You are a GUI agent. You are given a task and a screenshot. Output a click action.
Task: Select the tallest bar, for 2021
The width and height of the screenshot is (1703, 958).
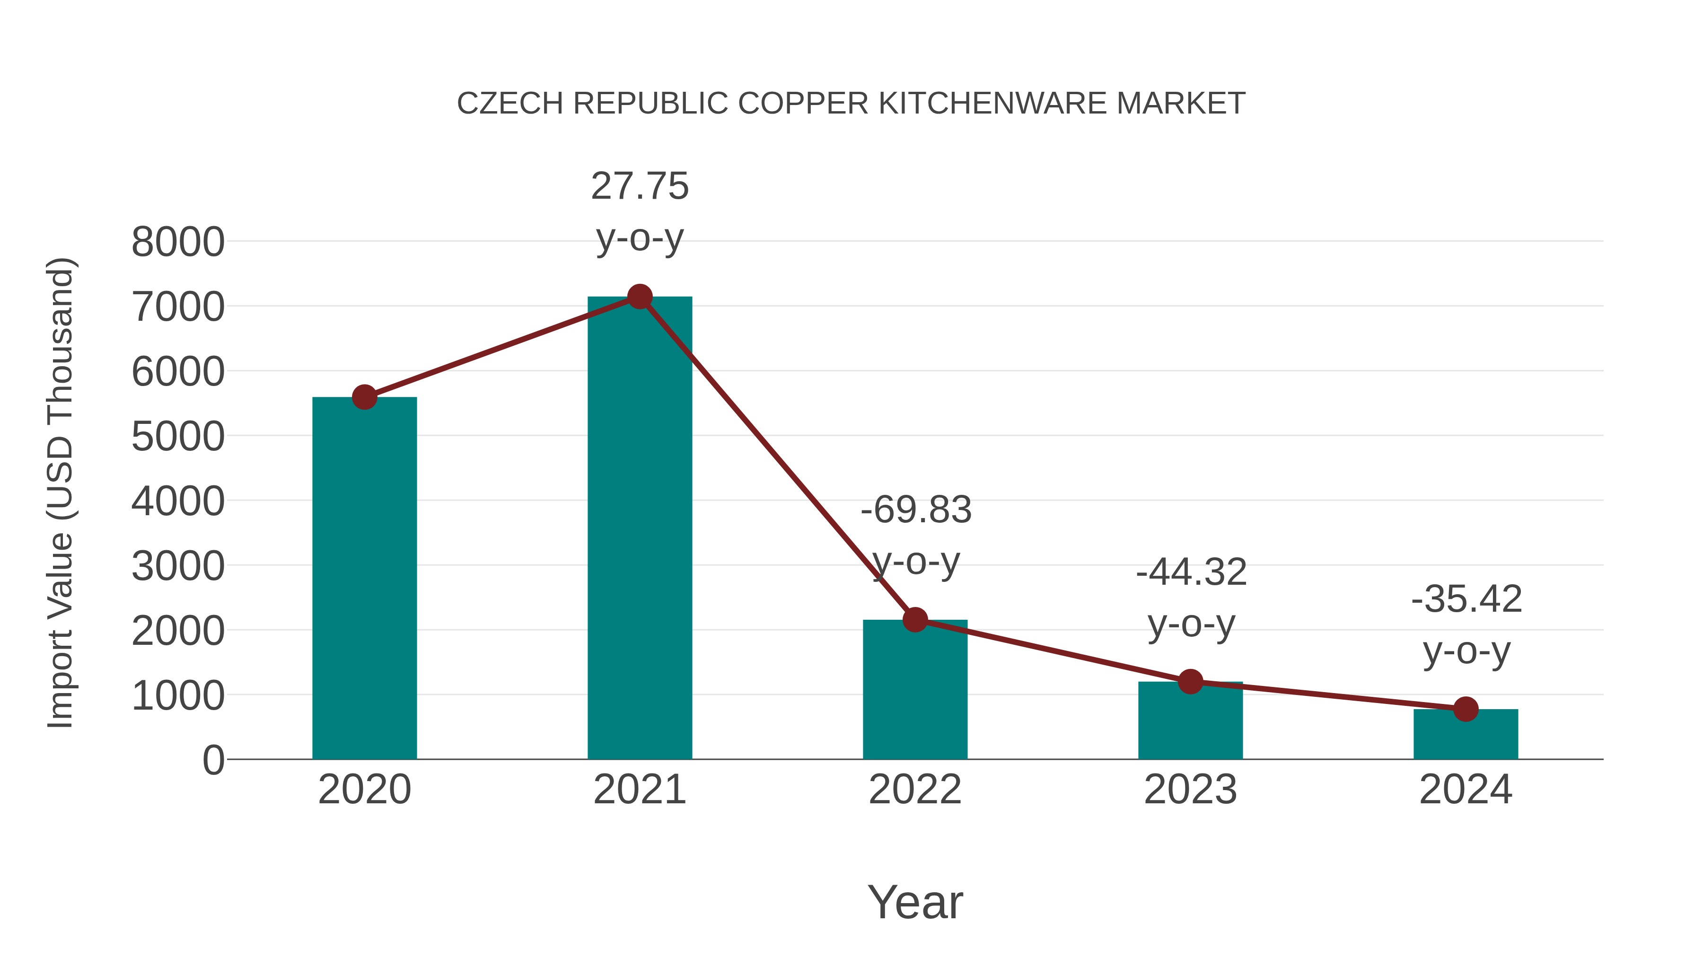coord(639,529)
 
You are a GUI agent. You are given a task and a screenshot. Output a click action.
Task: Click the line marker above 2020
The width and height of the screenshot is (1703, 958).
coord(364,397)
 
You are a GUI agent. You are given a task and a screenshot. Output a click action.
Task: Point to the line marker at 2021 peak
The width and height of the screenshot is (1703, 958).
coord(639,297)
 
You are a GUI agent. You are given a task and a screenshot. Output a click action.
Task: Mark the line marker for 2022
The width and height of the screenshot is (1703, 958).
coord(914,619)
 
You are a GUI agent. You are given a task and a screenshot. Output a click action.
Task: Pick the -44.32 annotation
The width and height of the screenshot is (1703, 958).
coord(1191,572)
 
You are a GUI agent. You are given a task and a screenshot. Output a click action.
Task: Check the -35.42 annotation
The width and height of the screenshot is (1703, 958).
coord(1466,600)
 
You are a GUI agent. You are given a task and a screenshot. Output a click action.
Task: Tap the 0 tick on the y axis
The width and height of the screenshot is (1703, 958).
coord(213,760)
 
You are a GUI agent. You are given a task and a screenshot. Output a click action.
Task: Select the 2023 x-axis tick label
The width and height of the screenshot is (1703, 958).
coord(1190,790)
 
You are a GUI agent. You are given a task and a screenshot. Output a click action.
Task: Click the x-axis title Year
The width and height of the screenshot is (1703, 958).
coord(915,903)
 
